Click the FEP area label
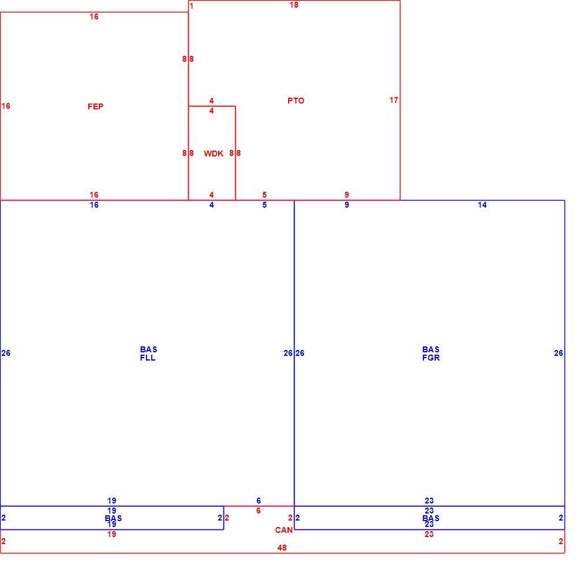[96, 106]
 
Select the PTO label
[296, 101]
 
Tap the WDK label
[213, 154]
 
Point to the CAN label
[284, 530]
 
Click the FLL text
[148, 358]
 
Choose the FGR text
[431, 358]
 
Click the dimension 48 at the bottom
[282, 548]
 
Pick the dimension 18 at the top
[294, 5]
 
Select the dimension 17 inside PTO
[394, 100]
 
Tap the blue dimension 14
[482, 205]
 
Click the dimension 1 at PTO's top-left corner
[192, 6]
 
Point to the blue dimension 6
[259, 501]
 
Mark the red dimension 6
[259, 511]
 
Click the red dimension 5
[265, 195]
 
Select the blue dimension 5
[265, 205]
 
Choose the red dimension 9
[347, 195]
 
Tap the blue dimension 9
[347, 205]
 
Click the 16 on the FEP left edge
[6, 106]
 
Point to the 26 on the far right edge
[559, 353]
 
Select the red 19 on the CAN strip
[112, 534]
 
